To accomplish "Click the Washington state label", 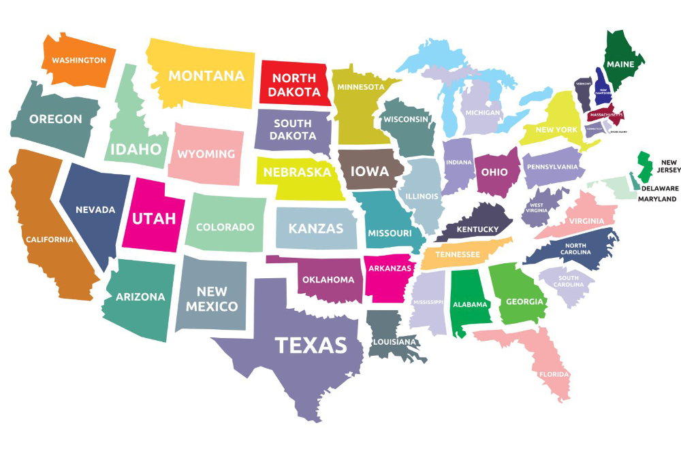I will pyautogui.click(x=79, y=60).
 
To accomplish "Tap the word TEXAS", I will pyautogui.click(x=311, y=345).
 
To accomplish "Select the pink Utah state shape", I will pyautogui.click(x=153, y=218).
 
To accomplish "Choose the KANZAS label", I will pyautogui.click(x=316, y=229).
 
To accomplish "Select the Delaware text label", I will pyautogui.click(x=659, y=188).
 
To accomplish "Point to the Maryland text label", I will pyautogui.click(x=657, y=199).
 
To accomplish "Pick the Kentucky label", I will pyautogui.click(x=477, y=229).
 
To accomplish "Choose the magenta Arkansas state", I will pyautogui.click(x=389, y=275).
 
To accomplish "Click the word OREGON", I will pyautogui.click(x=55, y=119).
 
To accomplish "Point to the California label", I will pyautogui.click(x=49, y=239).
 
